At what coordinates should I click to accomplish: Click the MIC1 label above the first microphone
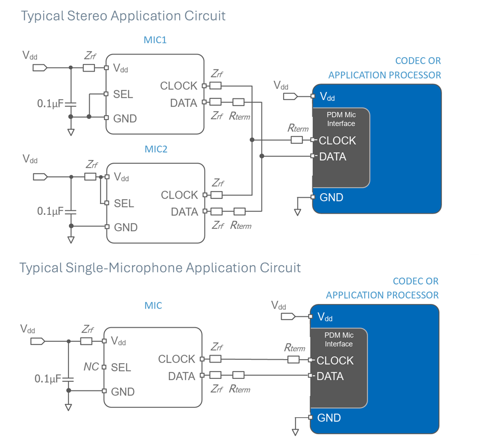(155, 40)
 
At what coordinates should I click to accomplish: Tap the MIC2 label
(156, 149)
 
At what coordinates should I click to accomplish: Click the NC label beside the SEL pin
(91, 367)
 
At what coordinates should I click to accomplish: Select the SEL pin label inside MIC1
(123, 94)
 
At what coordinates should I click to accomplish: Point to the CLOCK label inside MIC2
(179, 195)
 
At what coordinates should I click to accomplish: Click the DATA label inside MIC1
(183, 103)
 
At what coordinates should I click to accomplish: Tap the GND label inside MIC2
(125, 227)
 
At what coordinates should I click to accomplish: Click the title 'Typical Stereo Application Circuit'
(123, 16)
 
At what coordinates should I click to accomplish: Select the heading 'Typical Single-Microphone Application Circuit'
(160, 268)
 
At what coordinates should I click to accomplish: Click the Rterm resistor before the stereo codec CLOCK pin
(296, 140)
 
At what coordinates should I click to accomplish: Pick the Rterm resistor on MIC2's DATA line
(239, 211)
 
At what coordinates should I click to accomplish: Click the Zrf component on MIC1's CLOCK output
(216, 86)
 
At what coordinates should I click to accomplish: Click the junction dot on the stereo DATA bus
(262, 156)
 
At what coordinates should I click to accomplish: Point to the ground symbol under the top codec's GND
(297, 212)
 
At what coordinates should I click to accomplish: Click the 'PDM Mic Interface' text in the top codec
(341, 119)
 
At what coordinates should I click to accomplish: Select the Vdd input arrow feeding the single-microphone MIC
(38, 341)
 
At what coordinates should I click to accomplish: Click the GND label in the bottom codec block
(329, 418)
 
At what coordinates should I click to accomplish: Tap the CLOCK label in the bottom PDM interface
(335, 360)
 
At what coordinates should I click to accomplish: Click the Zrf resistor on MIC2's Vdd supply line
(90, 177)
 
